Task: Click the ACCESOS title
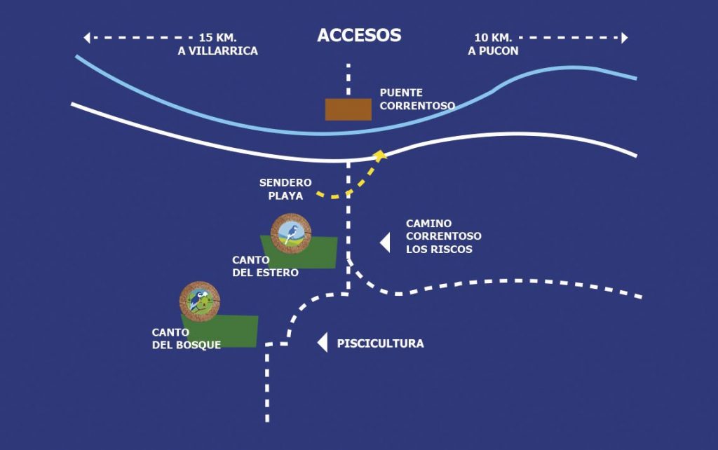coord(359,36)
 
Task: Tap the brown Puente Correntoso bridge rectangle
coord(348,109)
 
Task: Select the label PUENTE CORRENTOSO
coord(417,99)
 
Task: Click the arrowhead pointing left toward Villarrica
coord(86,37)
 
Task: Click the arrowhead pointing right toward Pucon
coord(624,37)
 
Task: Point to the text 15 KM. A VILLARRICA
coord(218,43)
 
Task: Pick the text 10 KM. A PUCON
coord(493,43)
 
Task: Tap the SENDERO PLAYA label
coord(285,189)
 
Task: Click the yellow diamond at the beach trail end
coord(380,155)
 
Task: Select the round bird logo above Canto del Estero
coord(290,233)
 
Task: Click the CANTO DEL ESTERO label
coord(266,266)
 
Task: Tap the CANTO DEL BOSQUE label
coord(187,338)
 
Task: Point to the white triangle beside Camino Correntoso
coord(385,243)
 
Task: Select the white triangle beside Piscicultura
coord(323,343)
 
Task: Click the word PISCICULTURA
coord(380,343)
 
